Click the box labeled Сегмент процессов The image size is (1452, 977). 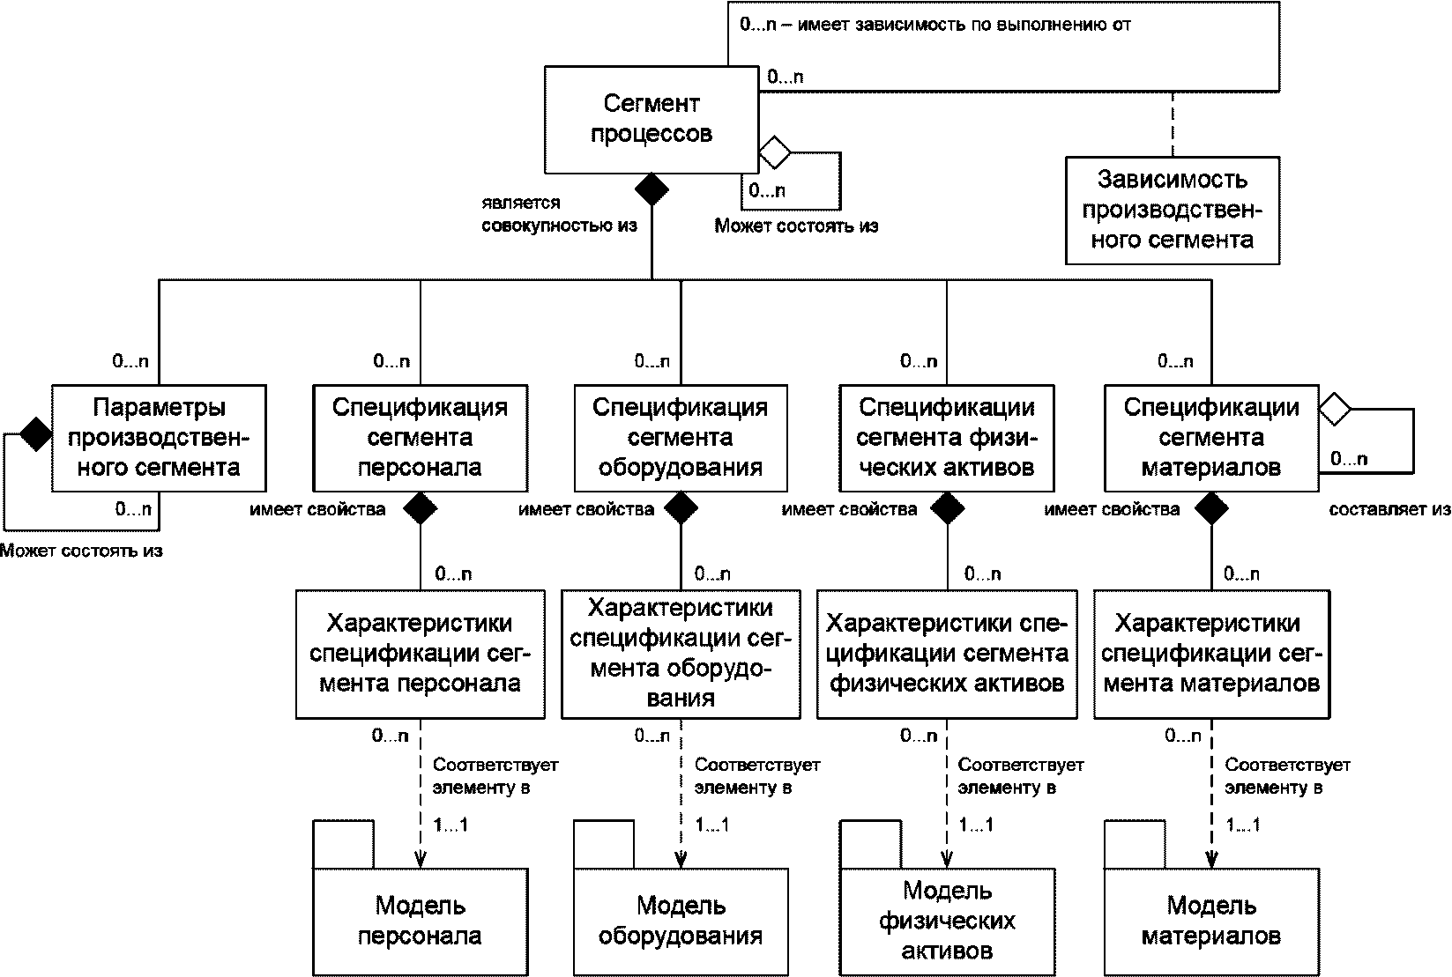tap(652, 120)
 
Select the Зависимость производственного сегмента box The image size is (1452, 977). tap(1173, 211)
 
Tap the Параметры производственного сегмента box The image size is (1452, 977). tap(159, 438)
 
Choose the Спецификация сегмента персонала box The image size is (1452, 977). tap(420, 438)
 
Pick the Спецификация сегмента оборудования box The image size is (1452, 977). tap(681, 438)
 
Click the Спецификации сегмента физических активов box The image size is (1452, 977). tap(946, 438)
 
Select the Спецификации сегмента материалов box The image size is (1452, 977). tap(1211, 438)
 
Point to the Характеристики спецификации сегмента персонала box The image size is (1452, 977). tap(420, 654)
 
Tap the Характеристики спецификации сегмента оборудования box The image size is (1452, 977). tap(681, 654)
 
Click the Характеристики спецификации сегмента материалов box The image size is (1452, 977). tap(1211, 654)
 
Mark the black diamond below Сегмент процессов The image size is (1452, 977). tap(652, 189)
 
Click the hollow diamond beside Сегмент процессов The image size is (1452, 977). tap(775, 153)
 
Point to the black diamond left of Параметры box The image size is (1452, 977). tap(35, 434)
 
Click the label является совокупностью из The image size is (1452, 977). tap(560, 214)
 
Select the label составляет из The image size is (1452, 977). tap(1389, 510)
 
